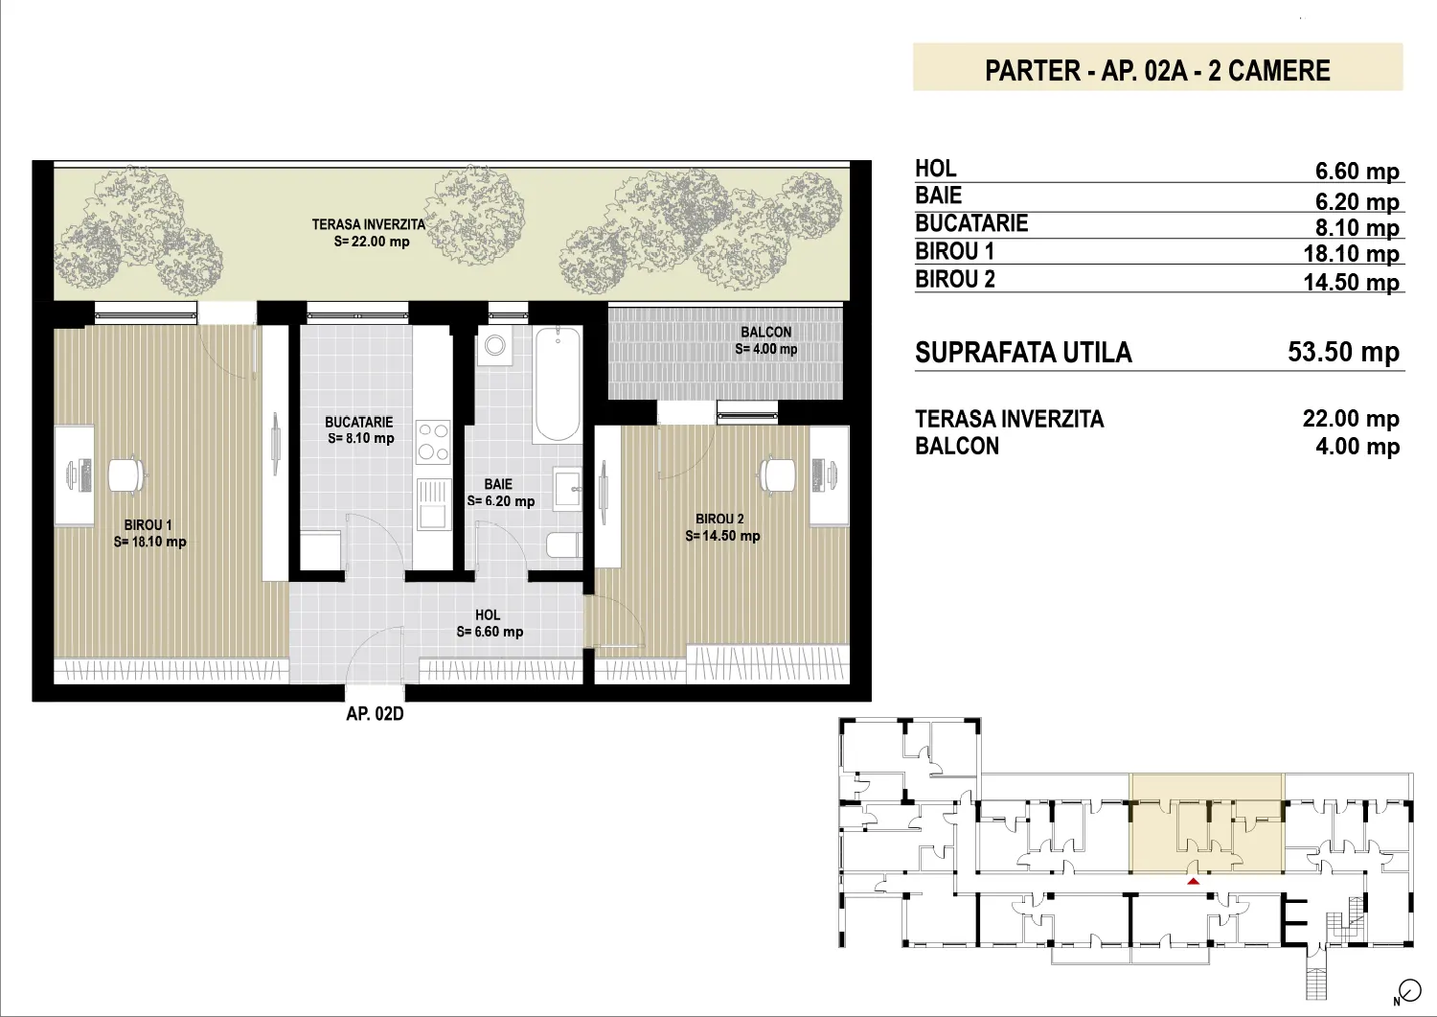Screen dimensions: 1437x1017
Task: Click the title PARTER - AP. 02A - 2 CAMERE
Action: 1157,71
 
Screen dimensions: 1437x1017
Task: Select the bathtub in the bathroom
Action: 557,384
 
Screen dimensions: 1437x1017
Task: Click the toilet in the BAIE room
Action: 564,544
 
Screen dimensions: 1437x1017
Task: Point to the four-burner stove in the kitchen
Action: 433,442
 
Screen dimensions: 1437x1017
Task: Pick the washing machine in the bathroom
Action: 494,345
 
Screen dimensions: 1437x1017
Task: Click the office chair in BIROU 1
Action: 128,475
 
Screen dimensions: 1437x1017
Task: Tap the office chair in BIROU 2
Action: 778,475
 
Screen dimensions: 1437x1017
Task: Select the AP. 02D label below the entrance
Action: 375,714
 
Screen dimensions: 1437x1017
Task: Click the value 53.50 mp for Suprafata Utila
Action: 1343,352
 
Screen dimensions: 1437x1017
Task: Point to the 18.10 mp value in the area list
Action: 1351,254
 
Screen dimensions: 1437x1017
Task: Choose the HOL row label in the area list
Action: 935,168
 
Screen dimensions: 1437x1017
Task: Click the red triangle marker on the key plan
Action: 1194,882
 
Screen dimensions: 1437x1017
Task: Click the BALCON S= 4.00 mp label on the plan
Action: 766,340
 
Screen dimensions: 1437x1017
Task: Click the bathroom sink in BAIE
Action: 568,488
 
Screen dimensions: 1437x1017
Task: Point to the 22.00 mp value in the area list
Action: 1351,419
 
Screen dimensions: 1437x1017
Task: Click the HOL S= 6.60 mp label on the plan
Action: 490,623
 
